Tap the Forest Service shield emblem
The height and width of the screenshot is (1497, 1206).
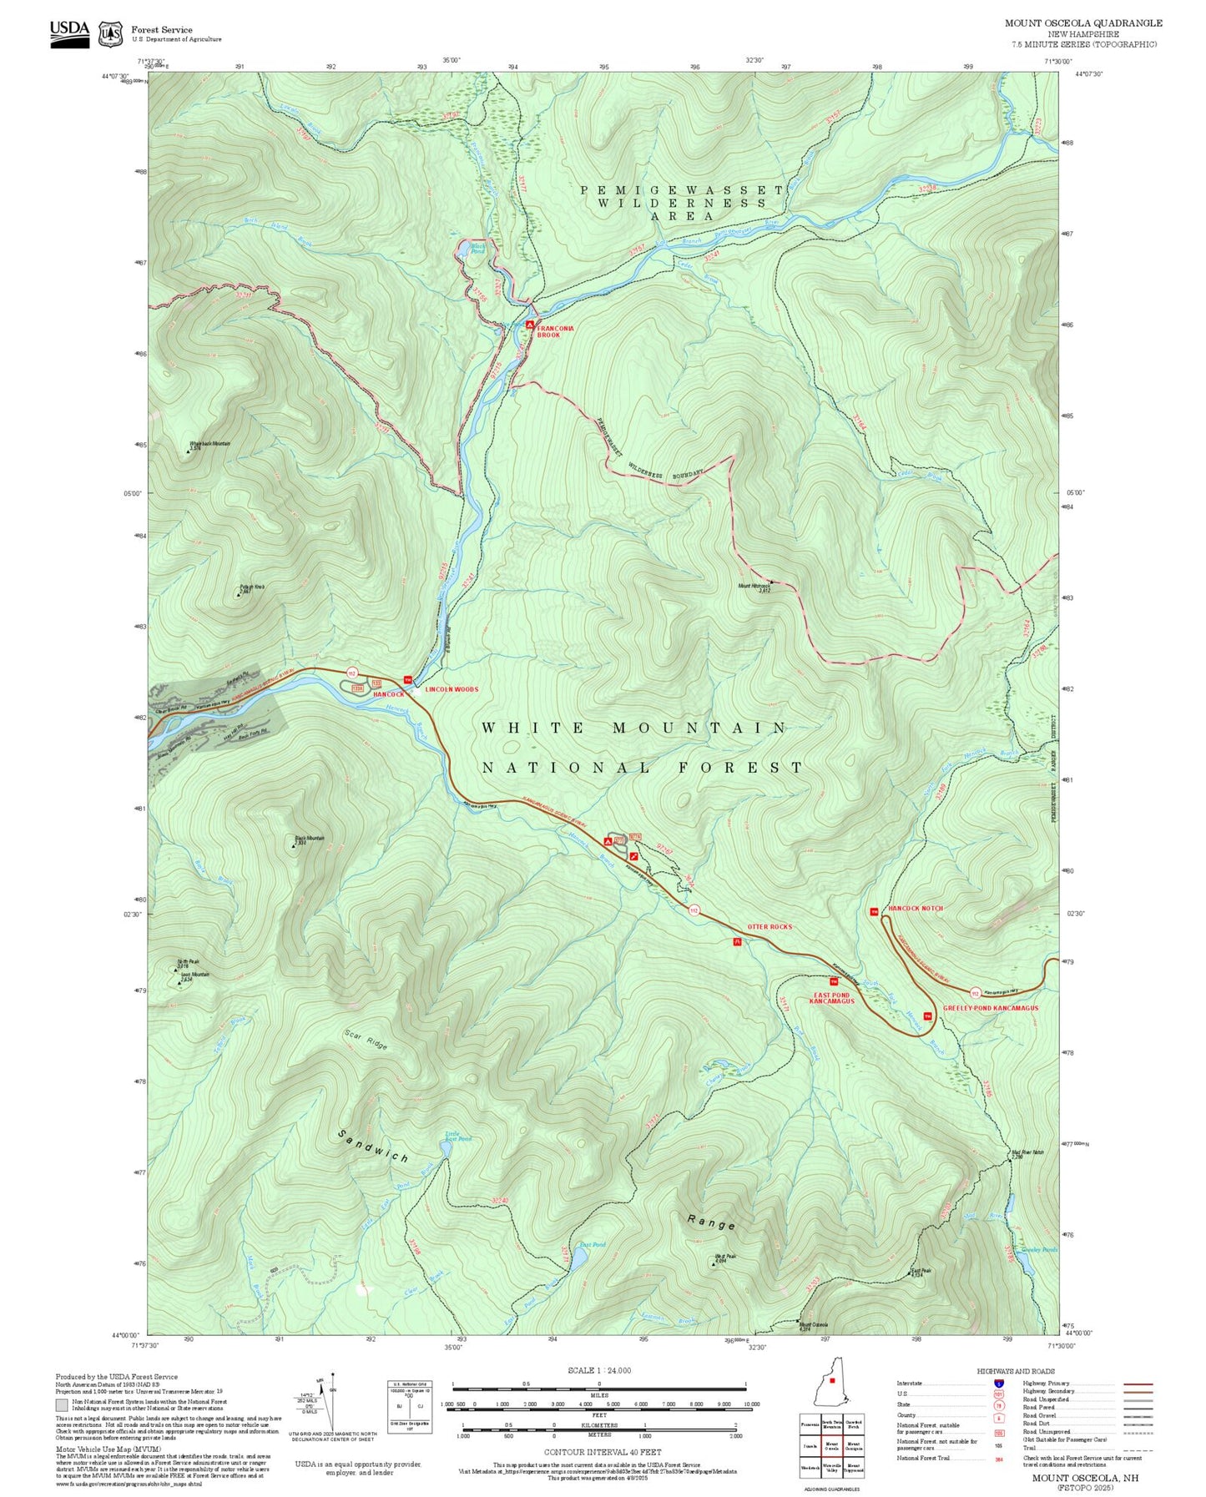tap(110, 34)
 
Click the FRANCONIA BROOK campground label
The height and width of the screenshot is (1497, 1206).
tap(555, 331)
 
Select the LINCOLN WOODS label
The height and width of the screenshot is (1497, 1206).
tap(452, 689)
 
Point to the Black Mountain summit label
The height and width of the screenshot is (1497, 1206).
tap(309, 839)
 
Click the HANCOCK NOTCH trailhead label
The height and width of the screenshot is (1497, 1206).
tap(915, 908)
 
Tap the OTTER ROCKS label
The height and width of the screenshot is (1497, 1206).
tap(770, 926)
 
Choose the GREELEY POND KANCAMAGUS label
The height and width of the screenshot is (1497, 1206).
tap(990, 1008)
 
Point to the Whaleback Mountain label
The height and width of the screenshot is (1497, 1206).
tap(209, 445)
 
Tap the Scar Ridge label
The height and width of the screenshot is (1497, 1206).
tap(366, 1039)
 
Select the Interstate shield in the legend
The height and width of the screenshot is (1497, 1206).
tap(998, 1384)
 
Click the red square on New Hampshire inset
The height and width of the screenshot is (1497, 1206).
tap(832, 1380)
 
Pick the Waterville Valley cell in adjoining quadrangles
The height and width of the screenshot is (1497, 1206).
tap(832, 1466)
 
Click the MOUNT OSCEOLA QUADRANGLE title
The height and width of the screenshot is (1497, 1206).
tap(1082, 23)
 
